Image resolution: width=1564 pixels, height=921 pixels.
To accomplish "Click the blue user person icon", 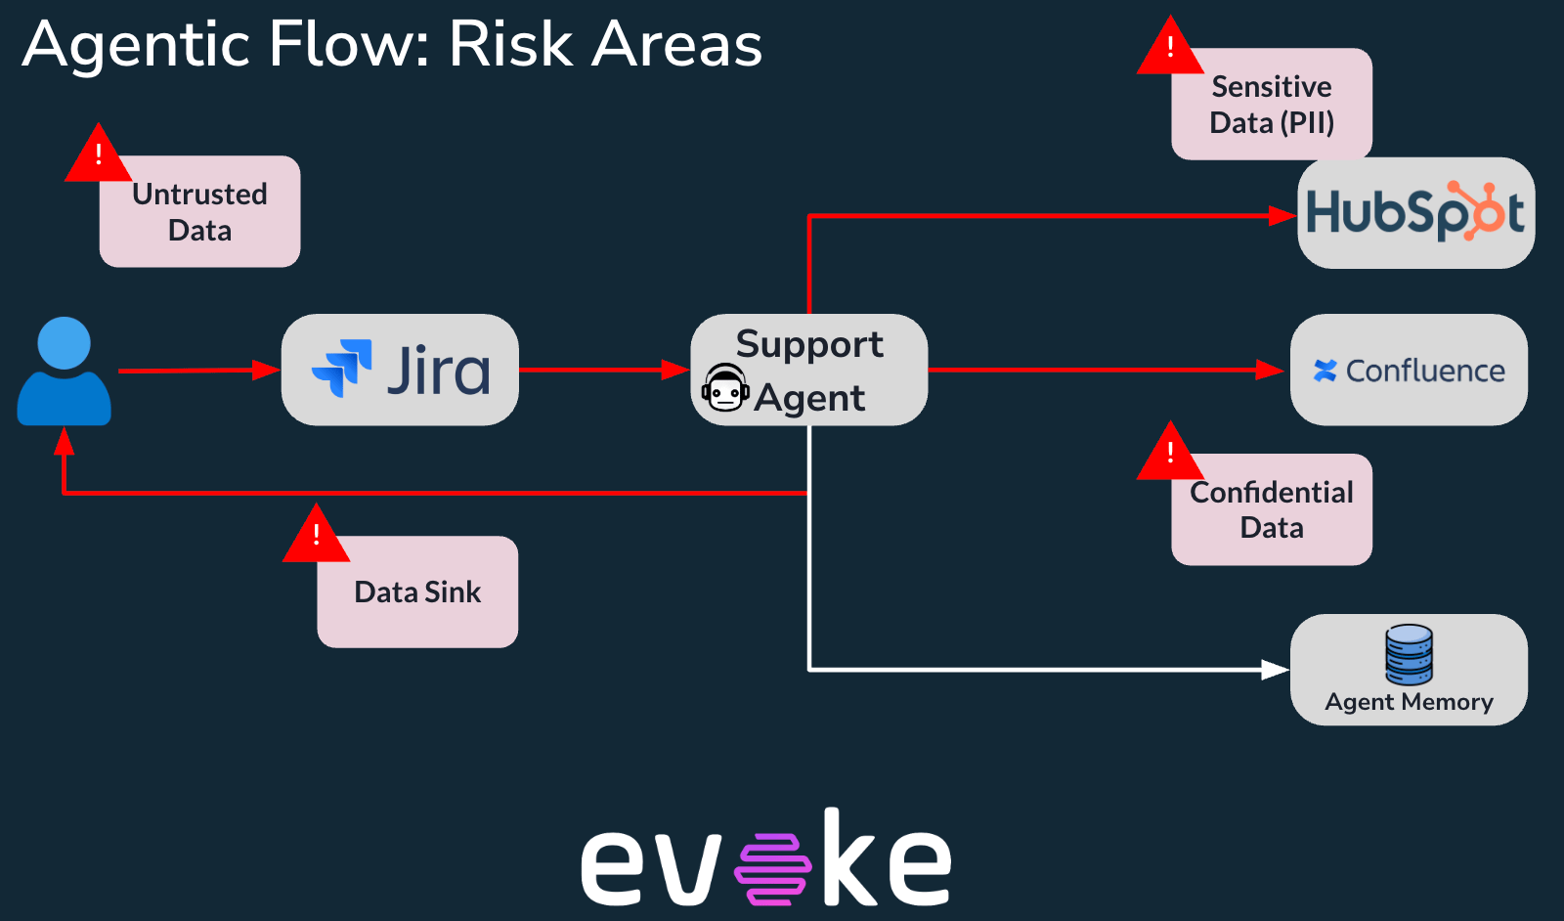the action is (x=65, y=371).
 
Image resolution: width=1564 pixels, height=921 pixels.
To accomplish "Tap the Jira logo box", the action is (x=400, y=370).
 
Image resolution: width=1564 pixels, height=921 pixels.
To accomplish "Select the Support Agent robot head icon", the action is (x=725, y=387).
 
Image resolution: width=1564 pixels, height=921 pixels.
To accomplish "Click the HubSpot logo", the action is (x=1416, y=211).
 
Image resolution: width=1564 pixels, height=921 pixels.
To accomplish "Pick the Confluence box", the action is (x=1409, y=370).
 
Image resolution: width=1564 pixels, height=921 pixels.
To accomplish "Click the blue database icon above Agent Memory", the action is (x=1409, y=654).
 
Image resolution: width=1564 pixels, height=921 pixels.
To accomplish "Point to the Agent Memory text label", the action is (x=1409, y=701).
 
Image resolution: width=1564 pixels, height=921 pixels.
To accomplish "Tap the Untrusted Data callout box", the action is (x=199, y=211).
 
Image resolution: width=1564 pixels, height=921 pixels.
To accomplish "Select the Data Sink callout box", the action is (x=417, y=592).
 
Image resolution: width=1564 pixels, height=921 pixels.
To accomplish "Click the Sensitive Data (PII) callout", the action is (x=1272, y=104).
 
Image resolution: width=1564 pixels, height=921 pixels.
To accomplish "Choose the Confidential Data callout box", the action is (x=1272, y=509).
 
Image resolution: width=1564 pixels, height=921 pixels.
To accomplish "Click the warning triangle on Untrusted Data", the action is (x=99, y=153).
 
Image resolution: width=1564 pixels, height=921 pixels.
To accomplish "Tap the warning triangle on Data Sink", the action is (x=317, y=533).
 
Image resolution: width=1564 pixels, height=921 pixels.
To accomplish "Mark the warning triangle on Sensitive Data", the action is (x=1170, y=45).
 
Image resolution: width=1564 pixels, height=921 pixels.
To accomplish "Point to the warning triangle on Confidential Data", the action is (x=1170, y=451).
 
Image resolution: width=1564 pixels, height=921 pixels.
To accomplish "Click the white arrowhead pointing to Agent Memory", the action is (x=1276, y=670).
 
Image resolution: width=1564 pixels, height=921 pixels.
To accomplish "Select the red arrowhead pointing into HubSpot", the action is (x=1282, y=216).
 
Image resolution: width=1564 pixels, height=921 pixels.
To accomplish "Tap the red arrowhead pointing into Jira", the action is (x=266, y=371).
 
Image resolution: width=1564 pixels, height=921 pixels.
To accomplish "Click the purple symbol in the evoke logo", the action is (x=773, y=868).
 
